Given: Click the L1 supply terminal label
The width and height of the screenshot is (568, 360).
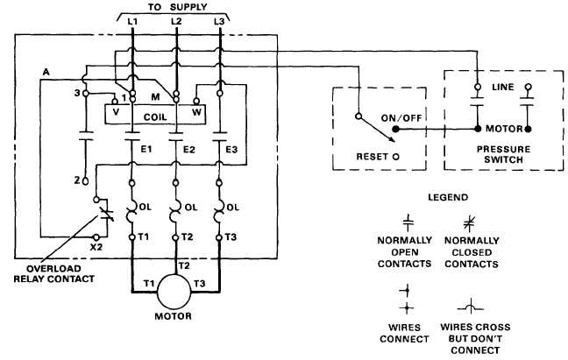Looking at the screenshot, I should pyautogui.click(x=131, y=19).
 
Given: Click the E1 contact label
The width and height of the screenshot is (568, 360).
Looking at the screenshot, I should pyautogui.click(x=146, y=150).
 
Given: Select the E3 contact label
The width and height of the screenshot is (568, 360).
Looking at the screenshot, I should pyautogui.click(x=231, y=150).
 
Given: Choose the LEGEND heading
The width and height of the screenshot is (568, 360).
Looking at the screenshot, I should pyautogui.click(x=451, y=197).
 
